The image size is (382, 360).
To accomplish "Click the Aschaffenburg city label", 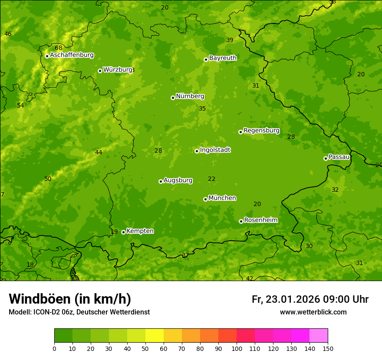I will (72, 55).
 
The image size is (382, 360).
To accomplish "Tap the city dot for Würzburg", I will (100, 71).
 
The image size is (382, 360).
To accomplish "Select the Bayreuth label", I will (223, 58).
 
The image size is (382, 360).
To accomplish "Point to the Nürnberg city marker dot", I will (173, 98).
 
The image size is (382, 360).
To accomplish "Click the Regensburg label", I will (261, 131).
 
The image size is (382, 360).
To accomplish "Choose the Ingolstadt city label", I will (215, 150).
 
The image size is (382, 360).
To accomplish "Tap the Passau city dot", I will (326, 158).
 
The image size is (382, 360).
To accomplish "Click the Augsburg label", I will (178, 180).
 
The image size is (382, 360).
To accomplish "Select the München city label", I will (222, 198).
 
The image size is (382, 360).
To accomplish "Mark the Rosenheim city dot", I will (241, 221).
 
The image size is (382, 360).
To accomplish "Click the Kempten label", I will (140, 231).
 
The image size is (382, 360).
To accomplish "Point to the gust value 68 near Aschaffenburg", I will (59, 48).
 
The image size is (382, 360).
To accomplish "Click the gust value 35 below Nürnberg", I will (202, 108).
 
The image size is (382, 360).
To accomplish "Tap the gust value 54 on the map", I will (20, 105).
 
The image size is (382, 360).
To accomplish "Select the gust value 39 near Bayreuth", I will (230, 40).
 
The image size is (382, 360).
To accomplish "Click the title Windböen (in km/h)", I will (70, 299).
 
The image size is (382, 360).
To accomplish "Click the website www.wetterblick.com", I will (313, 312).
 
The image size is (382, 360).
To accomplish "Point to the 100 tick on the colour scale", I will (237, 348).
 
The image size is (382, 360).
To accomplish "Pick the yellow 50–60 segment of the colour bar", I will (155, 335).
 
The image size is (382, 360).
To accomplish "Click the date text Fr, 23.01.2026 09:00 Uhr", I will (310, 299).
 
